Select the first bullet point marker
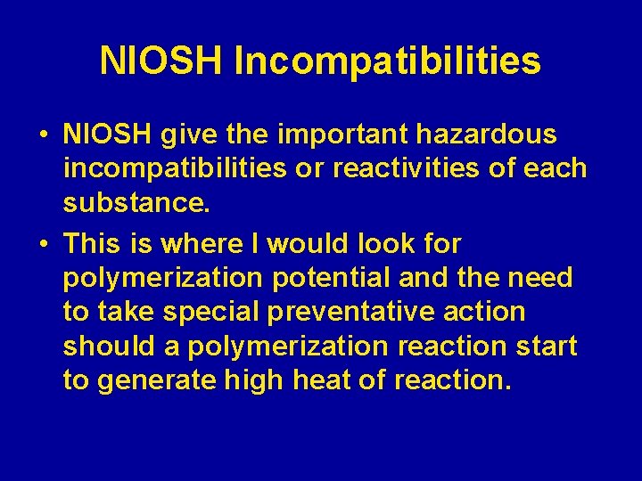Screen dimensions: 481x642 tap(44, 135)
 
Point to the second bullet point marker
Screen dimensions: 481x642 tap(44, 244)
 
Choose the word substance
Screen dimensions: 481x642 tap(136, 204)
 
